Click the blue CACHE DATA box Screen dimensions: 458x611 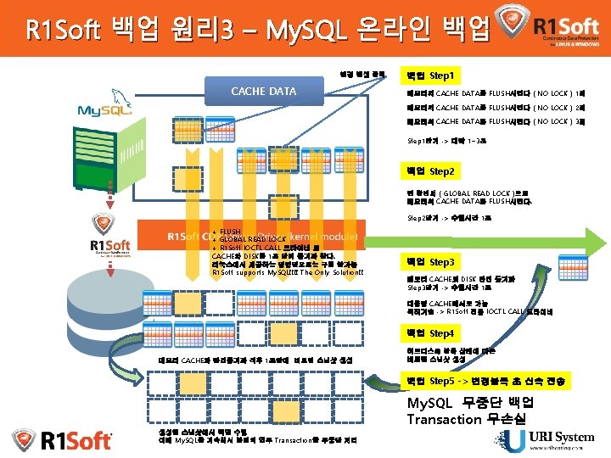tap(264, 90)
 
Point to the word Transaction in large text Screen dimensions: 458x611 tap(445, 419)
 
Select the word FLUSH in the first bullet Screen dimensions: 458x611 tap(230, 231)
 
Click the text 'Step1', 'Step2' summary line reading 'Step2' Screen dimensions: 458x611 tap(450, 218)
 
